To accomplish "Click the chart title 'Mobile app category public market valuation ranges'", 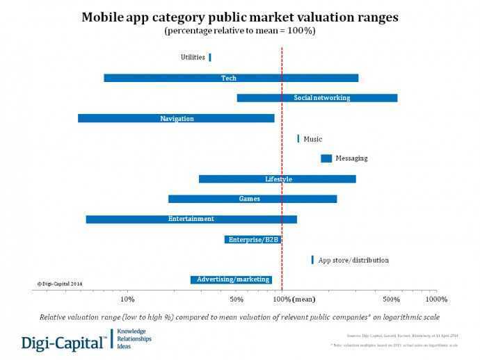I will pos(240,17).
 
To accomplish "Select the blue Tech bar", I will pos(231,78).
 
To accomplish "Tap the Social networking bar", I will pos(317,98).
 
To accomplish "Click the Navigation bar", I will pos(176,118).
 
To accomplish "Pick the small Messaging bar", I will pos(326,158).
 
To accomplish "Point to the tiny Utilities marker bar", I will pos(209,58).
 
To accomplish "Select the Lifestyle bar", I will pos(277,179).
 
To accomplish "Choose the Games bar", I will pos(253,199).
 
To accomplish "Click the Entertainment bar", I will pos(191,219).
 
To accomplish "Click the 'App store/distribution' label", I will pos(353,260).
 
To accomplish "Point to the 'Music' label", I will pos(313,139).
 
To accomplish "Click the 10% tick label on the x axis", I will pos(127,300).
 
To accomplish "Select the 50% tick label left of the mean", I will pos(237,300).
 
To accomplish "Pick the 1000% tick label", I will pos(436,300).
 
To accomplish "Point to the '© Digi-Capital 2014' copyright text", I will pos(60,284).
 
